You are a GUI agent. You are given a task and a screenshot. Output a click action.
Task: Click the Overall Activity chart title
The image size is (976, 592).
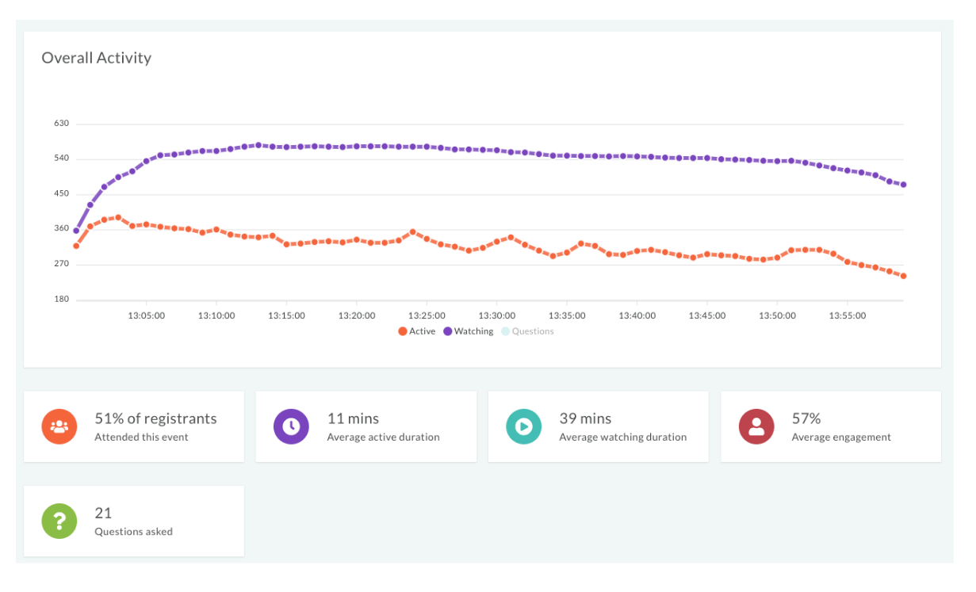click(96, 58)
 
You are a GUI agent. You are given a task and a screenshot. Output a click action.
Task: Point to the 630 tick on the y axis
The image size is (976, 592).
click(61, 124)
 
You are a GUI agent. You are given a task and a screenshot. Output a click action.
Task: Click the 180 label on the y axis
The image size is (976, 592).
click(61, 300)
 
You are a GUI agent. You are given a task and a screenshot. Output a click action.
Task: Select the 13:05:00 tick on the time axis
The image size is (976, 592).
click(146, 315)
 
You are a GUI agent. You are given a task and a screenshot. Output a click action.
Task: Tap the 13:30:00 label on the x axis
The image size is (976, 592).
click(497, 315)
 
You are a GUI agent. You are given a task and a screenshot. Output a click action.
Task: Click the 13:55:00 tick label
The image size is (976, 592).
click(847, 315)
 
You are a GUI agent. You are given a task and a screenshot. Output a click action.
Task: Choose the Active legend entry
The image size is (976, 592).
click(417, 331)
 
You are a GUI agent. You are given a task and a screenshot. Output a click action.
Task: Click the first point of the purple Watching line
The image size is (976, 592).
click(76, 231)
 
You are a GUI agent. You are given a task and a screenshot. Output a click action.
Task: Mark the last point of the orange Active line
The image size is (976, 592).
click(903, 276)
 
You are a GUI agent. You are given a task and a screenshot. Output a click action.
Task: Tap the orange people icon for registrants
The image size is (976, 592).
click(59, 426)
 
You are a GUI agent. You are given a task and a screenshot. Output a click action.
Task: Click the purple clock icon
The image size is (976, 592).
click(291, 426)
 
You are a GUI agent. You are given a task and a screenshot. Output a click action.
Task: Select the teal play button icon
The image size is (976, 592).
click(523, 426)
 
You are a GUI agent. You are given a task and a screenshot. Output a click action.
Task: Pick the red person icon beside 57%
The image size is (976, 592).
click(756, 426)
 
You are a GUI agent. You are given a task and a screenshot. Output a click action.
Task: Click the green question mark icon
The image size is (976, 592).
click(59, 521)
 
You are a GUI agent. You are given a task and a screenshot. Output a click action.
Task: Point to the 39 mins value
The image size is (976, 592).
click(585, 418)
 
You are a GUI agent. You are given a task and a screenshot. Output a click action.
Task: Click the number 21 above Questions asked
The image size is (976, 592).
click(103, 513)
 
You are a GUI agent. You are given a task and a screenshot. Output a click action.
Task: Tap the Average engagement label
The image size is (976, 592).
click(841, 437)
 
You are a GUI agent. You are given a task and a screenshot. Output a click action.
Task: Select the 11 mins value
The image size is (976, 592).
click(353, 418)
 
